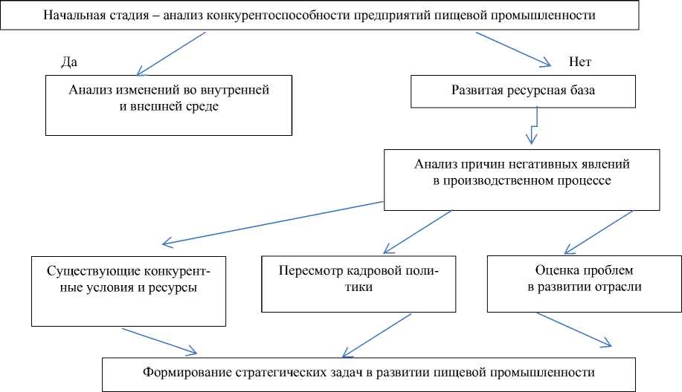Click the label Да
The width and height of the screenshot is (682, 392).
[x=69, y=62]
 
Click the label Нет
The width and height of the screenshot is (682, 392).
[x=579, y=62]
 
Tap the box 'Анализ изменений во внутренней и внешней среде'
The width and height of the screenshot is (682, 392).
[x=169, y=105]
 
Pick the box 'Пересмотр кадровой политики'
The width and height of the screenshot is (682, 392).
[x=358, y=282]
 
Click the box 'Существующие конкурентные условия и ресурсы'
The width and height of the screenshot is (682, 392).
[x=128, y=290]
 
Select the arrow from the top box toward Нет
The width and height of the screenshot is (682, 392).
[x=513, y=51]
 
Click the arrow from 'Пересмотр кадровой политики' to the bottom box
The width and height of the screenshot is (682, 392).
[x=376, y=335]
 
